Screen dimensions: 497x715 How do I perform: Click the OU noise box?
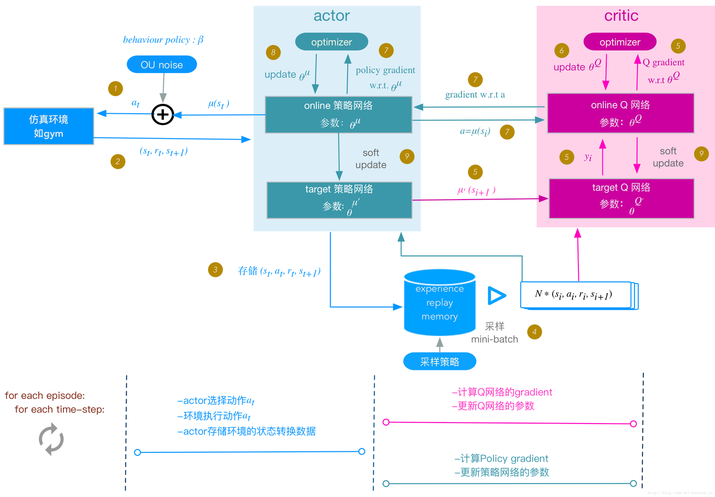pyautogui.click(x=162, y=65)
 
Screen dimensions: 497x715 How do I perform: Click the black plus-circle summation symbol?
pyautogui.click(x=162, y=115)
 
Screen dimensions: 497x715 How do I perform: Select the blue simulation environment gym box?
pyautogui.click(x=49, y=126)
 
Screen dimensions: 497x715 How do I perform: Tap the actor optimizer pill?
pyautogui.click(x=331, y=42)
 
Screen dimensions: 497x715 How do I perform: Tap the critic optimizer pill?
pyautogui.click(x=620, y=42)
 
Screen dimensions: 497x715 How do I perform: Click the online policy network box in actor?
pyautogui.click(x=339, y=115)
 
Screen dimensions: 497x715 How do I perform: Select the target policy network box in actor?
pyautogui.click(x=339, y=200)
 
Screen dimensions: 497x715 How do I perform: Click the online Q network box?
pyautogui.click(x=620, y=113)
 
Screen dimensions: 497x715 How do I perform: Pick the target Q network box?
pyautogui.click(x=621, y=199)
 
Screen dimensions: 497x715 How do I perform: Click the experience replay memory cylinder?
pyautogui.click(x=439, y=302)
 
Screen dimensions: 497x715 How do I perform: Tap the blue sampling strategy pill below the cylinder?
pyautogui.click(x=439, y=361)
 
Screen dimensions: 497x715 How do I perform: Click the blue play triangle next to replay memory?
pyautogui.click(x=496, y=295)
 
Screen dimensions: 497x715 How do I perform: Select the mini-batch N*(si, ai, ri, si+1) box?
pyautogui.click(x=576, y=295)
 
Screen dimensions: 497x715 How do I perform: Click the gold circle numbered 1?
pyautogui.click(x=115, y=89)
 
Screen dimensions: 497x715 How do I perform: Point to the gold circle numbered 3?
pyautogui.click(x=215, y=270)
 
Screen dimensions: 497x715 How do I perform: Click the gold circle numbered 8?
pyautogui.click(x=273, y=52)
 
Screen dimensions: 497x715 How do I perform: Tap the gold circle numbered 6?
pyautogui.click(x=562, y=50)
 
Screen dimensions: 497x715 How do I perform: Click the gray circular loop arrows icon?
pyautogui.click(x=51, y=439)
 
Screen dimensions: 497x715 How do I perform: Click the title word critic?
pyautogui.click(x=621, y=16)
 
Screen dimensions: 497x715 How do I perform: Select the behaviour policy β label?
pyautogui.click(x=163, y=40)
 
